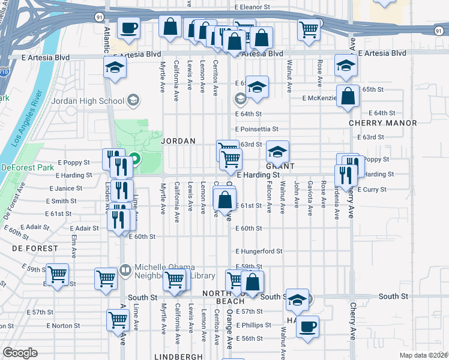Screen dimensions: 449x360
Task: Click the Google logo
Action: (x=20, y=353)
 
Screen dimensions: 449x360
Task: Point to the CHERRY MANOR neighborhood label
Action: (x=383, y=123)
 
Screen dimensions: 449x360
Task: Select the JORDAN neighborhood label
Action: (x=178, y=141)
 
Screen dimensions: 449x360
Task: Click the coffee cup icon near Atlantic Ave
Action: (x=128, y=26)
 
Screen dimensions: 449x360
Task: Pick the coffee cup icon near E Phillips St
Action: (x=308, y=326)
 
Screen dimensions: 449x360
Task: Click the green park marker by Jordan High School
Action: (x=135, y=160)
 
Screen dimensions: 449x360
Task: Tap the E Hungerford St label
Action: (x=259, y=251)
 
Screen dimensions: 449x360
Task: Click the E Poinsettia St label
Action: (x=257, y=128)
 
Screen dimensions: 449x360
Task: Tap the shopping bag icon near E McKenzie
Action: (x=348, y=95)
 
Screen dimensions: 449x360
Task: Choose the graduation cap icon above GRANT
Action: (x=277, y=151)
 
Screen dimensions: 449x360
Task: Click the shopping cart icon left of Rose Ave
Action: (x=309, y=28)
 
